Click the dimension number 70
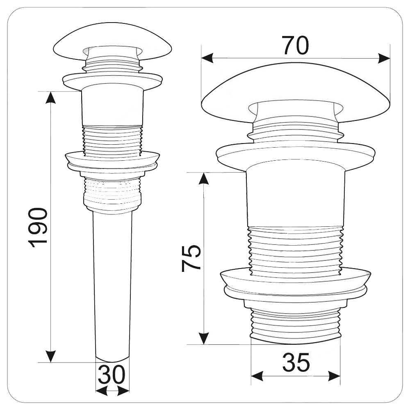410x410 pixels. pos(296,46)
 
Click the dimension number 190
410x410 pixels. pos(38,228)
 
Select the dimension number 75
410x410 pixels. pos(191,258)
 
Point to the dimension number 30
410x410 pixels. pos(112,374)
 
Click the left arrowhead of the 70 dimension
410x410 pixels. pos(207,58)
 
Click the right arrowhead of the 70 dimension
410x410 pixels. pos(384,58)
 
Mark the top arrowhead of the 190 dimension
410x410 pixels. pos(51,98)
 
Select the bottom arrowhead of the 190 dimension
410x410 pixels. pos(51,356)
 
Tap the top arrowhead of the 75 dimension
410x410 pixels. pos(204,179)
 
